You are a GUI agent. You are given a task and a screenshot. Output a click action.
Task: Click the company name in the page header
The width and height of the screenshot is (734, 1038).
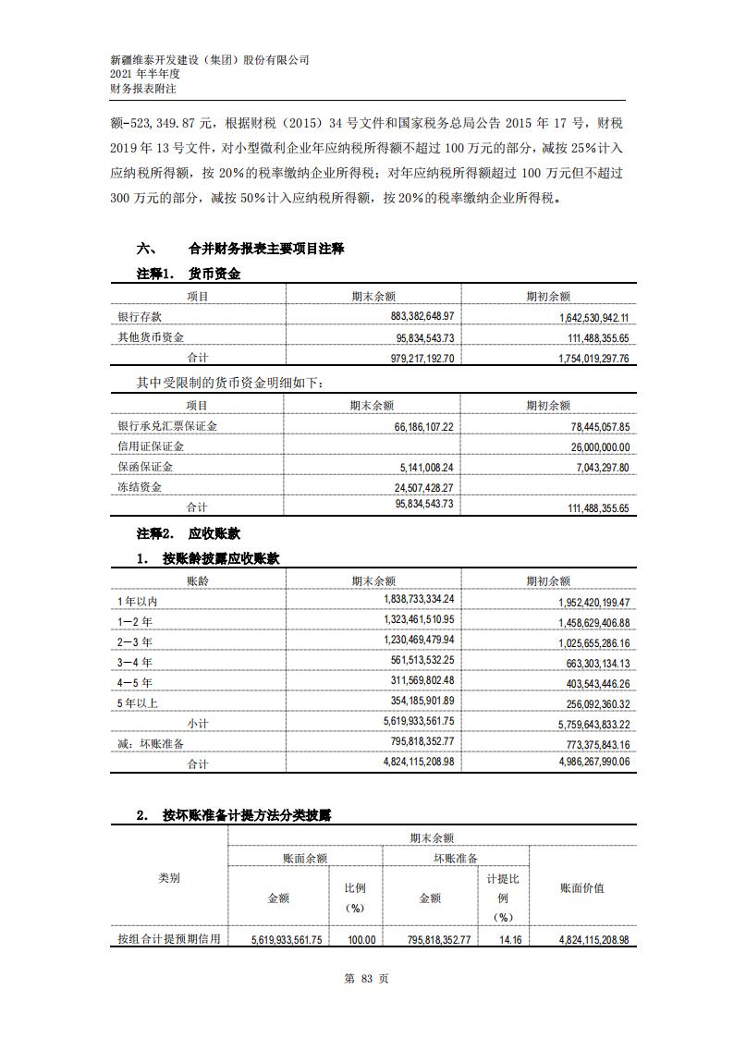coord(210,59)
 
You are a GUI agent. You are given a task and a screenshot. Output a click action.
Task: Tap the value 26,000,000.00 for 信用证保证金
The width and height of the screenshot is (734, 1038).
coord(589,446)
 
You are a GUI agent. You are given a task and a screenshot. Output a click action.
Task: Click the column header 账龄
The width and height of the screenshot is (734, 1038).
coord(198,580)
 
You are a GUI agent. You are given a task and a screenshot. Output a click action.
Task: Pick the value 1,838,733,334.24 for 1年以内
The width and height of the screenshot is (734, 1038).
coord(406,599)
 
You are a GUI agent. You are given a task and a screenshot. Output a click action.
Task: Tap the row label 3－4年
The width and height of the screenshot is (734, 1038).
coord(135,662)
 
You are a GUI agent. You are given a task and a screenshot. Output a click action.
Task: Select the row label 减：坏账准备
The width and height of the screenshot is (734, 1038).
coord(151,743)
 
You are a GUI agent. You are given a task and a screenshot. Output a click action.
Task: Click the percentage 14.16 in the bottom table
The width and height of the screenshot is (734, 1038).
coord(503,939)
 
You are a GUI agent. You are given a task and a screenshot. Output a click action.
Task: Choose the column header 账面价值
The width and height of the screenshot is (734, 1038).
coord(582,887)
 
